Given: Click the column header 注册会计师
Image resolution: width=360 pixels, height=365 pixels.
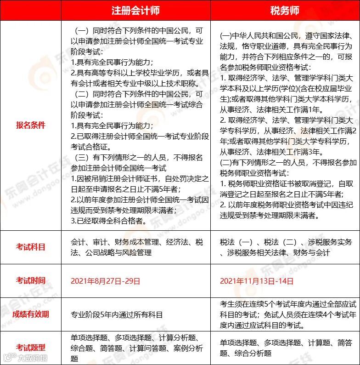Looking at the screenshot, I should tap(135, 11).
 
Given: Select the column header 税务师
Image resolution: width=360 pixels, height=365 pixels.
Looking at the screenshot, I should tap(285, 11).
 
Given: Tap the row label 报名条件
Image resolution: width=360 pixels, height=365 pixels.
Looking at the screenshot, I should tap(31, 125).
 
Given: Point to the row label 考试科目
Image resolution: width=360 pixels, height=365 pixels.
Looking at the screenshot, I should tap(31, 247).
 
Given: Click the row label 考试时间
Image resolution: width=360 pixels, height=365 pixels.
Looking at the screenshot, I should tap(31, 280).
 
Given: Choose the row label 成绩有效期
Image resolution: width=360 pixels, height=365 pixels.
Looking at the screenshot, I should tap(31, 314).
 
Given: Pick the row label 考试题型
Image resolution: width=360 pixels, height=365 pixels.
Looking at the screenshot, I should tap(31, 348).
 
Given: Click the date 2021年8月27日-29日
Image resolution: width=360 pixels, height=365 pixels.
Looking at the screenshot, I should tap(105, 280).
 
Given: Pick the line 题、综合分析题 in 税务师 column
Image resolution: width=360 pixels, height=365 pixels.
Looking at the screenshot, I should tap(246, 354).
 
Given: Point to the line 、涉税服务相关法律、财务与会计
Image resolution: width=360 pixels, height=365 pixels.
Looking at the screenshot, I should tap(275, 253).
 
